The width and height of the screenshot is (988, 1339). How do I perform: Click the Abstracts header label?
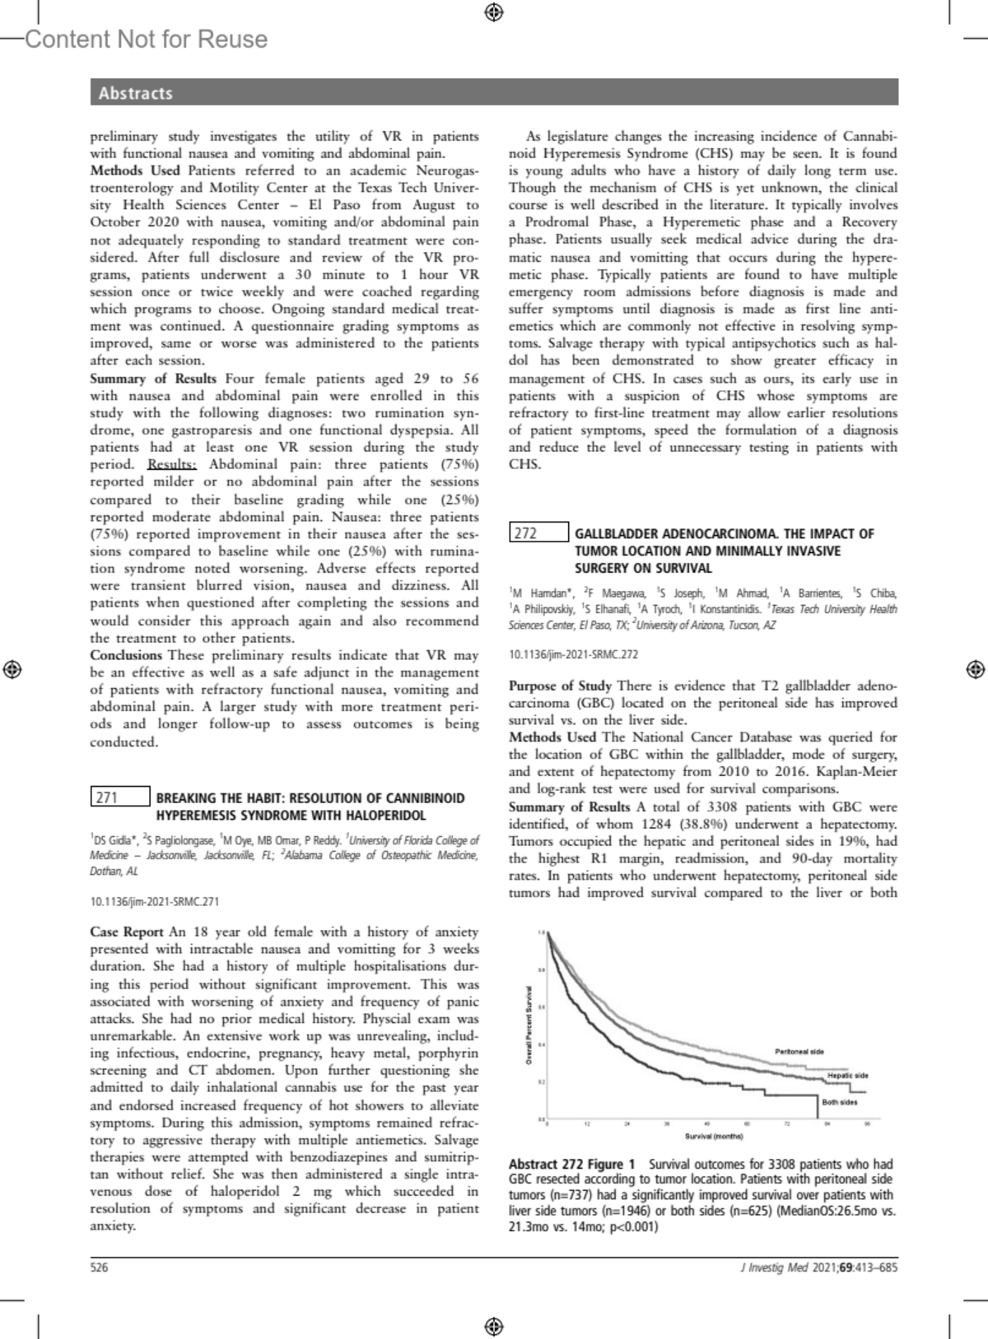point(136,93)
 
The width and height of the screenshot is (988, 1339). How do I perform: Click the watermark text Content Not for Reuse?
point(147,39)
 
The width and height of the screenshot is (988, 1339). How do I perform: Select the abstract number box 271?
point(120,797)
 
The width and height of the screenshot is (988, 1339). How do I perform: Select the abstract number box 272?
point(538,532)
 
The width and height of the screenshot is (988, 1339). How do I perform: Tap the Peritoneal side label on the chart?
point(799,1051)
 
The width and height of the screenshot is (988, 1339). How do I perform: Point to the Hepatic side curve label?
point(847,1076)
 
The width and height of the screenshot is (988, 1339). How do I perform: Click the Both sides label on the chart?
point(839,1102)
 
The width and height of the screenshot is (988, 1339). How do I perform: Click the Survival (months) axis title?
point(713,1137)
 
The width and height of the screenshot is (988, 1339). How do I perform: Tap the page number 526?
point(99,1267)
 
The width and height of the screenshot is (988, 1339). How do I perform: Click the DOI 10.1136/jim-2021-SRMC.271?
point(155,902)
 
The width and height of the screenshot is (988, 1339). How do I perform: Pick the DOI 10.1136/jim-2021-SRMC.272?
point(573,655)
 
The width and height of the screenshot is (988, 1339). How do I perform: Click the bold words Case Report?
point(127,932)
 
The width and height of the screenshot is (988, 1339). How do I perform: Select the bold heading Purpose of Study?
point(560,686)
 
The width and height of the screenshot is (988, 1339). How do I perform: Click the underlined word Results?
point(172,464)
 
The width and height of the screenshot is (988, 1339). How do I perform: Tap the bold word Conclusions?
point(126,655)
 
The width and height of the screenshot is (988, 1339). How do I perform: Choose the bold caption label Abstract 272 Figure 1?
point(572,1165)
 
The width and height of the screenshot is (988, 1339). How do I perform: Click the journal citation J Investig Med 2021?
point(788,1267)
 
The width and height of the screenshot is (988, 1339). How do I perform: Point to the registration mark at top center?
point(493,12)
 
